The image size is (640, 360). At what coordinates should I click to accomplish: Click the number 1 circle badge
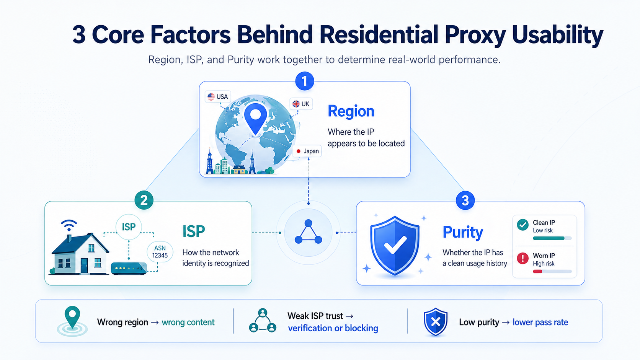coord(305,81)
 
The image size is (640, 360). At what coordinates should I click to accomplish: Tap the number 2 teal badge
coord(144,200)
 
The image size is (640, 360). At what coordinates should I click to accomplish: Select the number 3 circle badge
coord(465,200)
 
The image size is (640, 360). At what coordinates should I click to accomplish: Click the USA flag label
coord(218,97)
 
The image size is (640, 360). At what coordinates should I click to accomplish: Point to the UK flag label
coord(301,104)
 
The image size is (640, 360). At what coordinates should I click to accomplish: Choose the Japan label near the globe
coord(307,151)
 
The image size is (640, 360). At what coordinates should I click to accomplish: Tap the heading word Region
coord(351,111)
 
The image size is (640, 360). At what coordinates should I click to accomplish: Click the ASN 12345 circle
coord(160,252)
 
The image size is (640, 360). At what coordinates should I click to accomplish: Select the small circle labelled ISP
coord(129,227)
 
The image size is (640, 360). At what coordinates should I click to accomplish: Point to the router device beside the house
coord(129,268)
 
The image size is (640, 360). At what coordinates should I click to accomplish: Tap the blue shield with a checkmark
coord(395,246)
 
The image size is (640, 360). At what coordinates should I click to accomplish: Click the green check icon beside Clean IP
coord(522,225)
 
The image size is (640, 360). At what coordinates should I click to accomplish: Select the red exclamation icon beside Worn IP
coord(522,258)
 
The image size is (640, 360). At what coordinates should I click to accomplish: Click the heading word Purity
coord(463,232)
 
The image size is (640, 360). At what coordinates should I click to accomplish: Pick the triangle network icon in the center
coord(308,232)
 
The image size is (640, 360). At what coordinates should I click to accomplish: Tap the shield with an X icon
coord(436,322)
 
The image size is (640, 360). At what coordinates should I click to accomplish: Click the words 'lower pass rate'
coord(540,322)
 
